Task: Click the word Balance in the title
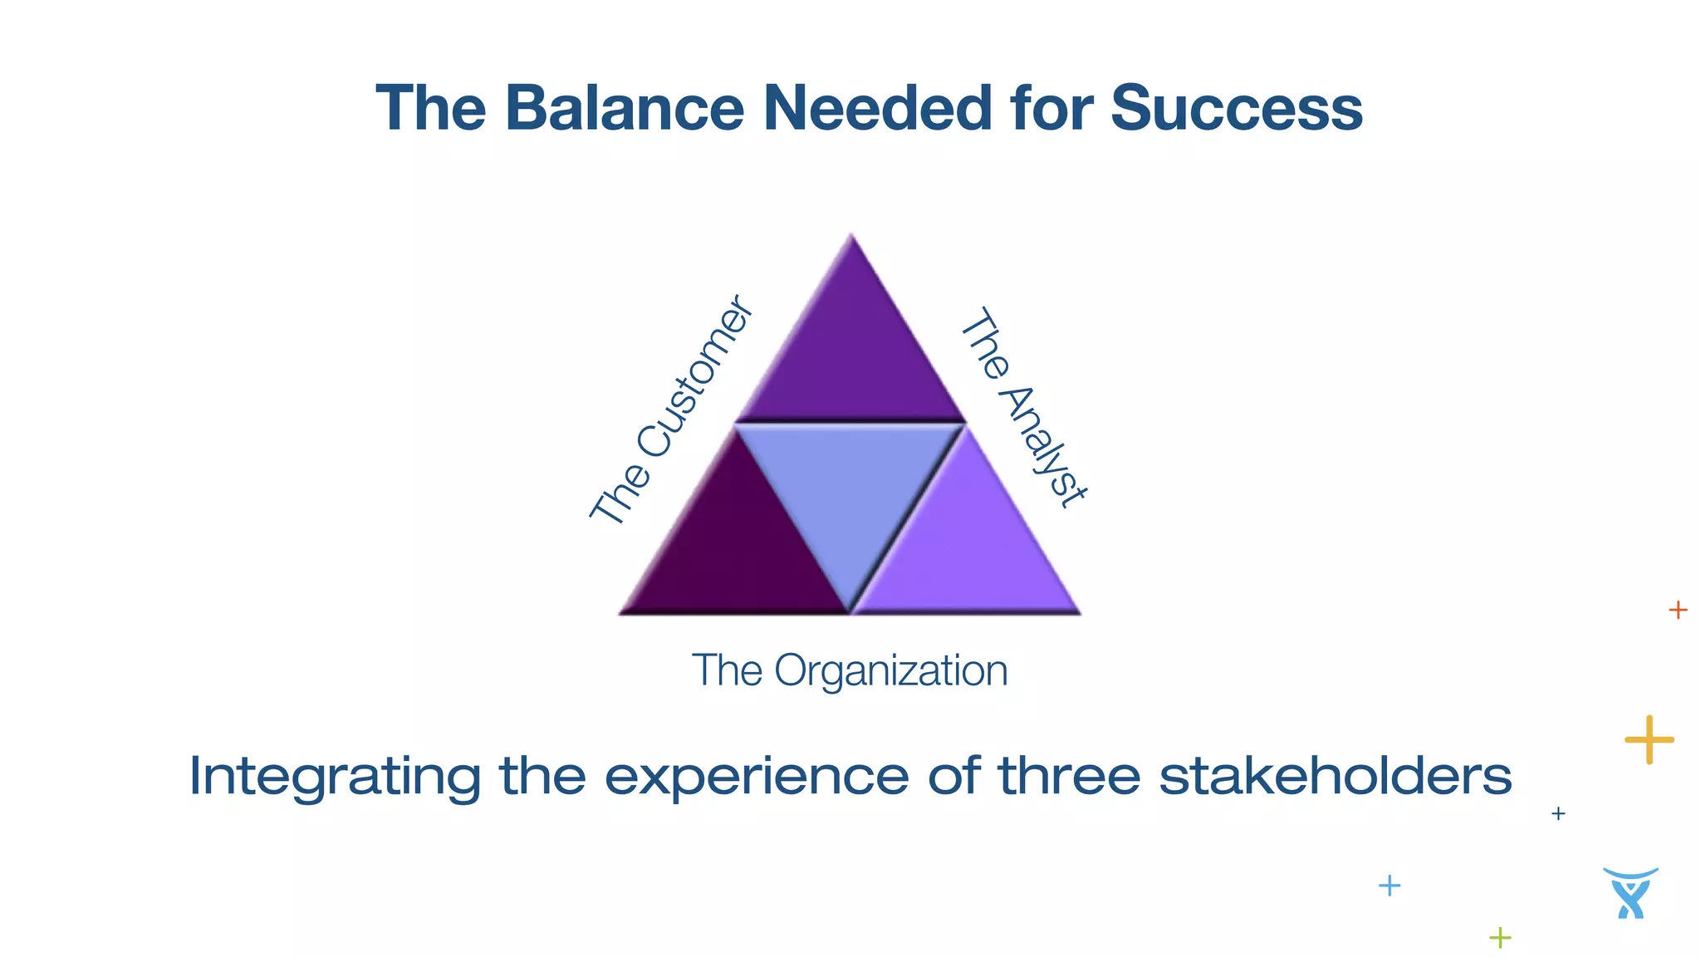pyautogui.click(x=625, y=108)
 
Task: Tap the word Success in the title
pyautogui.click(x=1236, y=108)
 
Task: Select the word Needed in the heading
pyautogui.click(x=877, y=108)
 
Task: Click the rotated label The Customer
pyautogui.click(x=671, y=410)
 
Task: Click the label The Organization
pyautogui.click(x=850, y=670)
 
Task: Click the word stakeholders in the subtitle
pyautogui.click(x=1335, y=775)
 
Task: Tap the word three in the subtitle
pyautogui.click(x=1069, y=775)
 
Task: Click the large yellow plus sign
pyautogui.click(x=1649, y=739)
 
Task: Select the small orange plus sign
pyautogui.click(x=1678, y=611)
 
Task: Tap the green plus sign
pyautogui.click(x=1500, y=938)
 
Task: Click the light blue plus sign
pyautogui.click(x=1390, y=886)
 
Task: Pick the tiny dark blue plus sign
pyautogui.click(x=1558, y=813)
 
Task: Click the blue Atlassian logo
pyautogui.click(x=1630, y=893)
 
